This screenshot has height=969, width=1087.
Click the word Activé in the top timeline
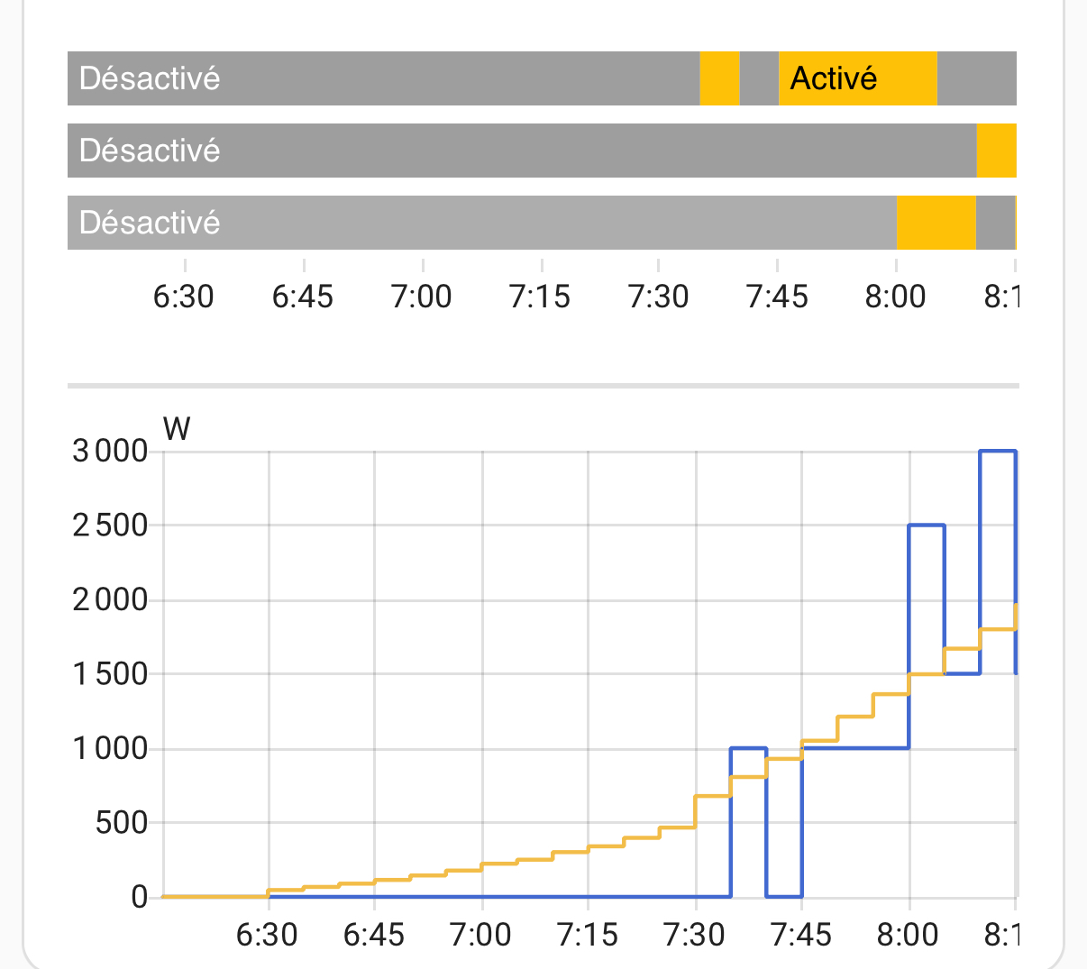point(833,78)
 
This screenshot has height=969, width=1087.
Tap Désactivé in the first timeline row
point(150,78)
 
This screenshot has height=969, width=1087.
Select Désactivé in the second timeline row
point(150,151)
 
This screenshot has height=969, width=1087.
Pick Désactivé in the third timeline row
point(150,223)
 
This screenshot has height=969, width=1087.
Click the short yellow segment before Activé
point(719,78)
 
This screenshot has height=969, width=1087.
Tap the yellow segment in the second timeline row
point(996,151)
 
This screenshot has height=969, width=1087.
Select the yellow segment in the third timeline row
point(936,223)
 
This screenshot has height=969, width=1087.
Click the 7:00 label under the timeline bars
point(421,297)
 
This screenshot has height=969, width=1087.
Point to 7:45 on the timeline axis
point(777,297)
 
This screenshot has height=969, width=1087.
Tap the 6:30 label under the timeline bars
point(184,297)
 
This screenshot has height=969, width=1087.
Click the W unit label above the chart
point(177,428)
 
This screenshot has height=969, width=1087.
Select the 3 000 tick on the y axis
point(110,451)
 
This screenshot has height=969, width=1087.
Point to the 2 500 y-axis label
point(110,526)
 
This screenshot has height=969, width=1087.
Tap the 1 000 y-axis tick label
point(110,748)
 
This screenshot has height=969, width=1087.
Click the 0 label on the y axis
point(139,897)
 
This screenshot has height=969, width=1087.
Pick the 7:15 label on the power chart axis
point(588,936)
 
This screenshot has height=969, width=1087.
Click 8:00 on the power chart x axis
point(908,936)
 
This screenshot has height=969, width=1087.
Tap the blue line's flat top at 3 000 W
point(998,451)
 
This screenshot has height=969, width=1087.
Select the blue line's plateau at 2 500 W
point(927,525)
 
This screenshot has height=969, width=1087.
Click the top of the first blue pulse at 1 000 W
point(748,748)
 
